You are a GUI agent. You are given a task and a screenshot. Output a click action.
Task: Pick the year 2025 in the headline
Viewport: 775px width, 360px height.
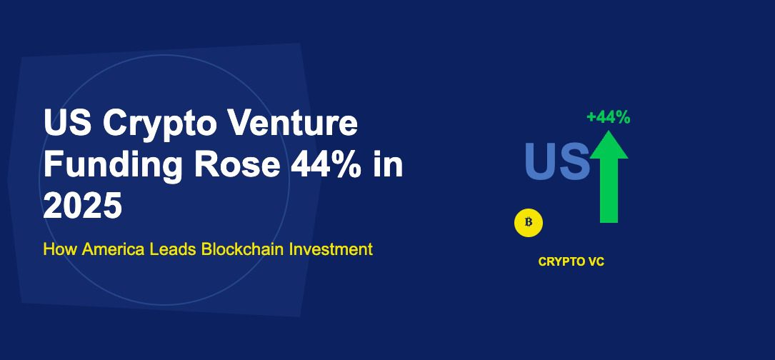[83, 206]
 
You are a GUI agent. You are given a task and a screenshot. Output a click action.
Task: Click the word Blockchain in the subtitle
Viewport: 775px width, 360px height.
[243, 250]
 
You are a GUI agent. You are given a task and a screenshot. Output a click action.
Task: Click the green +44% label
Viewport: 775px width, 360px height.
[608, 118]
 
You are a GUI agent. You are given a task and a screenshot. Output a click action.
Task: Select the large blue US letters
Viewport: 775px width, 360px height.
[557, 161]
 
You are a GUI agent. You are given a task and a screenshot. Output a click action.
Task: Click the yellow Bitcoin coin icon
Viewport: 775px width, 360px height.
[529, 222]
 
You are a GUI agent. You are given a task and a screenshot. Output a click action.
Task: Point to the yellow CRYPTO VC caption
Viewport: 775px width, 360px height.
[571, 262]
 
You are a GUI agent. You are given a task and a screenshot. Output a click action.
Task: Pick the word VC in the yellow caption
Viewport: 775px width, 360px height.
[596, 262]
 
